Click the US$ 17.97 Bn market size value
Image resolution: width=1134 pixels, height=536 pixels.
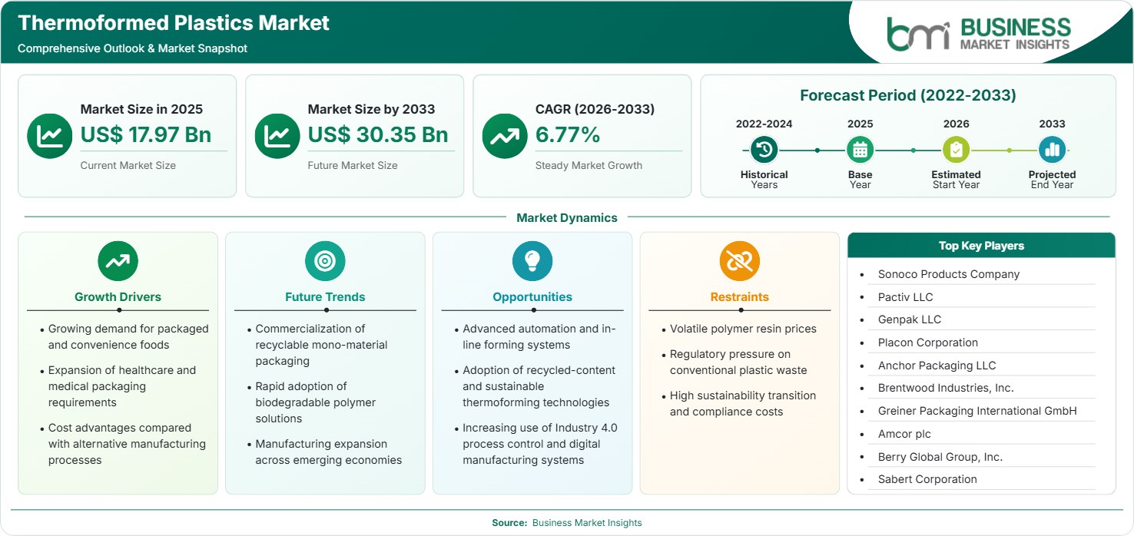coord(146,134)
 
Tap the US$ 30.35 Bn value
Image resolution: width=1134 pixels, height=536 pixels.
coord(378,134)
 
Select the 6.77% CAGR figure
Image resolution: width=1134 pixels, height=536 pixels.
coord(568,134)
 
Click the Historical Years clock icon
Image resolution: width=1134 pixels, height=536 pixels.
coord(764,150)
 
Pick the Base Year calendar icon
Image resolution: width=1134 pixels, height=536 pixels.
coord(860,150)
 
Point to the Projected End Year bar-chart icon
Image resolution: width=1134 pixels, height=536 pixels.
coord(1052,150)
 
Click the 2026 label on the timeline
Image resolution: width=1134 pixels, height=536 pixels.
coord(956,124)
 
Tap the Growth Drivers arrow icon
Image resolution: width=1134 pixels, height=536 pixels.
coord(118,260)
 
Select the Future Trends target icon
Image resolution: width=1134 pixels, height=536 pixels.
coord(325,260)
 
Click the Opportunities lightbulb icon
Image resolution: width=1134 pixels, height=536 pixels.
coord(532,260)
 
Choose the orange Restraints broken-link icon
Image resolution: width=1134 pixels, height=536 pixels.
coord(740,260)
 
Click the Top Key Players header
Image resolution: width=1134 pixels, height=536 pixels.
coord(981,246)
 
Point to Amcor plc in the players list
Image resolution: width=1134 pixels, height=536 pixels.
coord(904,434)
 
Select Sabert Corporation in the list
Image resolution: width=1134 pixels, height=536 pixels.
coord(927,479)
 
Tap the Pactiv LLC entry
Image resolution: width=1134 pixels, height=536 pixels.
coord(905,297)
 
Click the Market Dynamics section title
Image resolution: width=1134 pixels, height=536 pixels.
coord(566,217)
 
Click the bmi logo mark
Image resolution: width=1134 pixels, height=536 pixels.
coord(918,34)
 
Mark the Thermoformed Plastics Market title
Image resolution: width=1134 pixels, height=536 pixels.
coord(174,23)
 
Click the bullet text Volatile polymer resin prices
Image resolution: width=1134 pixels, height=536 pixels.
coord(743,329)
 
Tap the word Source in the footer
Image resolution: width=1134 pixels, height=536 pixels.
coord(509,523)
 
